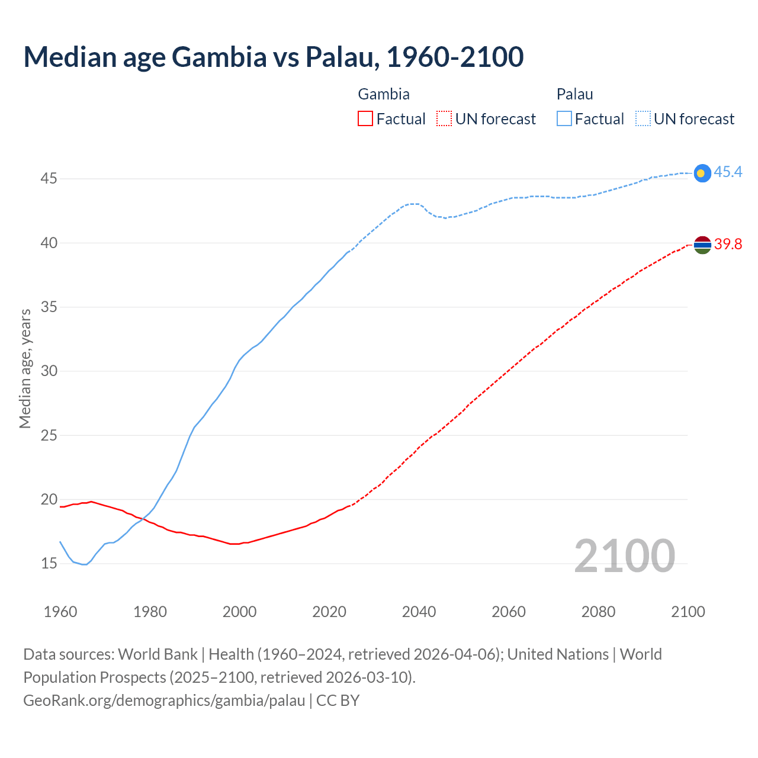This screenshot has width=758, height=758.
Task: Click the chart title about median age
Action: point(274,57)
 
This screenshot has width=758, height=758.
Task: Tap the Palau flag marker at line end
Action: point(702,173)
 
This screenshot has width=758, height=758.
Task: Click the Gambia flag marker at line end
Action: point(702,245)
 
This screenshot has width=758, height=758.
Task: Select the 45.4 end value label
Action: point(728,172)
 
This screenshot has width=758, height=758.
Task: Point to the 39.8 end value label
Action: point(728,245)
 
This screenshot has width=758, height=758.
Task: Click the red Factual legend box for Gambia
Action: point(365,119)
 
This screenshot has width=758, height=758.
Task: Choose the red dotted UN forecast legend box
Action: point(444,119)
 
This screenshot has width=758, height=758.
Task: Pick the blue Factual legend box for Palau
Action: point(564,119)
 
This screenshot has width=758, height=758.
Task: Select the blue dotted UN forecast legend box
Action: point(643,119)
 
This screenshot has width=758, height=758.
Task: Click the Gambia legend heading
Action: point(384,94)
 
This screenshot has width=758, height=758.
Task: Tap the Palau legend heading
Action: point(574,94)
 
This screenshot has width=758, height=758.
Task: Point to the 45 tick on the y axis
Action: point(49,178)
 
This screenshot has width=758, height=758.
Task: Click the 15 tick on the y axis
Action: point(49,563)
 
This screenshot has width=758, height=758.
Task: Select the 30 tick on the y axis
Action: point(49,371)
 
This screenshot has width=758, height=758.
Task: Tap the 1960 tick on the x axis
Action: point(60,612)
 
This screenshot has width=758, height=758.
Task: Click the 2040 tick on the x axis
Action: point(419,612)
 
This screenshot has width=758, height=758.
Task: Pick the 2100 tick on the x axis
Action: point(688,612)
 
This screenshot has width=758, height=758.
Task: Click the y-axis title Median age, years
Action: point(25,368)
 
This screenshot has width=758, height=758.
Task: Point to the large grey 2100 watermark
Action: point(624,556)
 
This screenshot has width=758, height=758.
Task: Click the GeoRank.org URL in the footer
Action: point(164,701)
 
